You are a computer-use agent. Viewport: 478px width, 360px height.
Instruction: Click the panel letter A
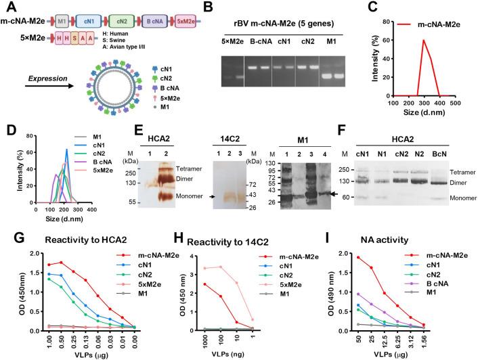coord(8,8)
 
